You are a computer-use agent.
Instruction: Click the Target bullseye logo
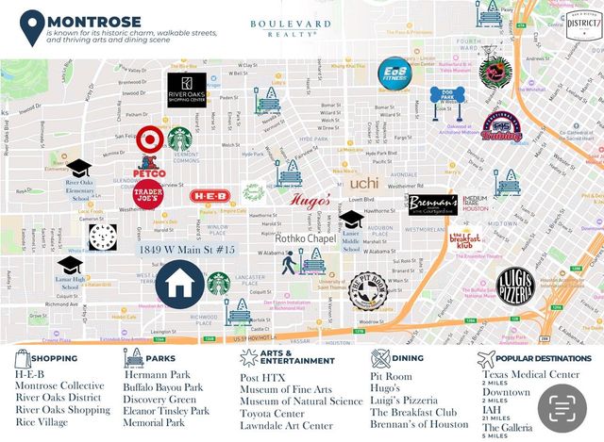click(x=149, y=139)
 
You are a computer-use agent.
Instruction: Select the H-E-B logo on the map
click(x=210, y=196)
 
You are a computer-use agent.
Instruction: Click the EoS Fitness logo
click(x=395, y=72)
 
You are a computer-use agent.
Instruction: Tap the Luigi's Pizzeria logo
click(x=515, y=286)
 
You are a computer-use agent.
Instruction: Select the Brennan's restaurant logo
click(x=433, y=206)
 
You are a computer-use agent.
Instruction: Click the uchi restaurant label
click(x=364, y=184)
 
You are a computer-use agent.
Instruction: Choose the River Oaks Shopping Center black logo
click(x=186, y=90)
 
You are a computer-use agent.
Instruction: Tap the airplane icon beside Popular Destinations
click(x=486, y=359)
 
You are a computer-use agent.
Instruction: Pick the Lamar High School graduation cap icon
click(x=70, y=265)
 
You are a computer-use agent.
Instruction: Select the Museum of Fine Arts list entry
click(x=292, y=388)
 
